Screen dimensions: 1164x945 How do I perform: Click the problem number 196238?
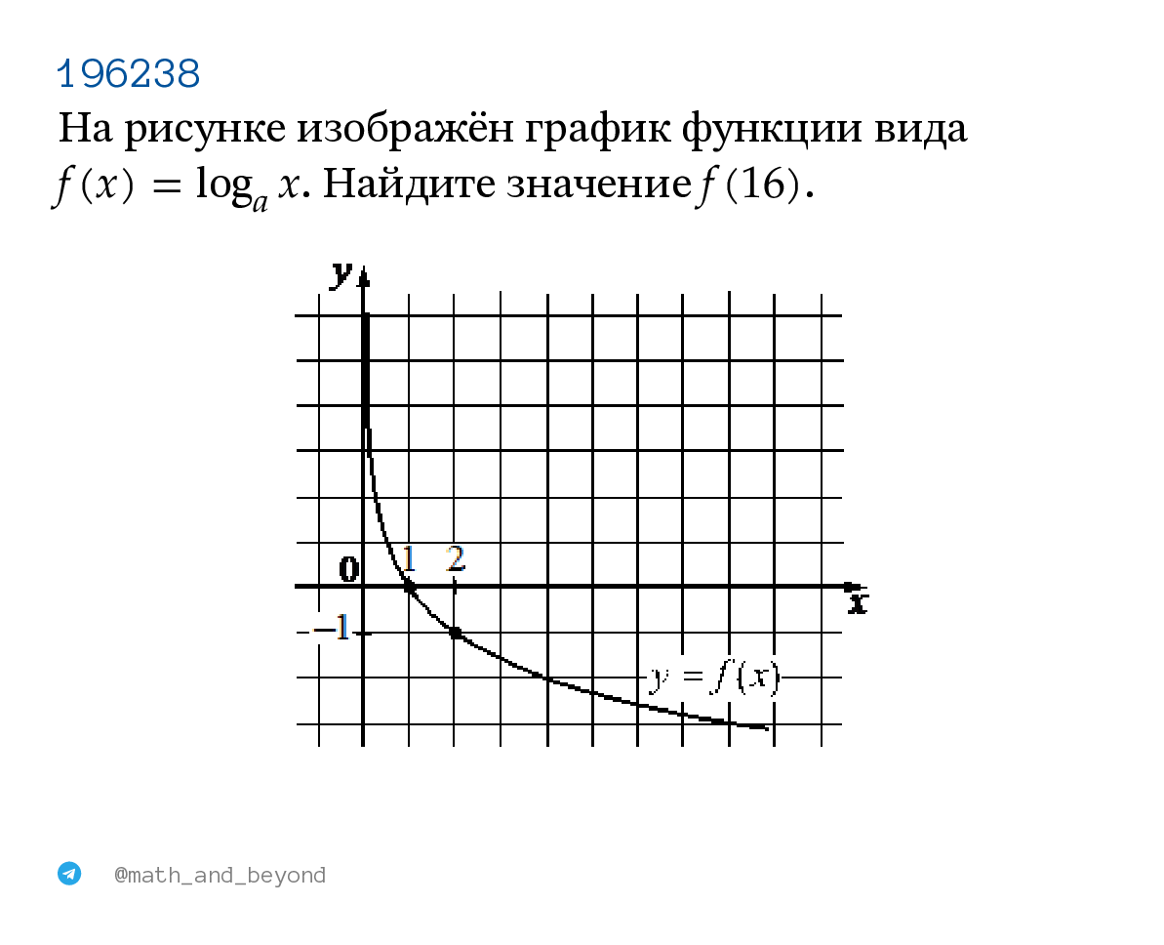click(129, 73)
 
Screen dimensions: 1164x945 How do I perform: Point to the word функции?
click(772, 129)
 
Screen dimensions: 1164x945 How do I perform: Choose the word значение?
click(599, 185)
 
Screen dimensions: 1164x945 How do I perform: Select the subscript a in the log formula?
click(260, 202)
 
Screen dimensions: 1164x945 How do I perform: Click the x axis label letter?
click(859, 602)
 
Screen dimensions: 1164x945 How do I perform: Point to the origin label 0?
click(349, 570)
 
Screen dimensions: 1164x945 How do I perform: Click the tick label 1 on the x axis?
click(408, 558)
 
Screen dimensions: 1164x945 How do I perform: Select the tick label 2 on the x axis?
click(456, 558)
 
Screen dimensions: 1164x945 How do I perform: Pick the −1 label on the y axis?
click(332, 629)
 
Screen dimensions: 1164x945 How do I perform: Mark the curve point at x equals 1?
click(409, 587)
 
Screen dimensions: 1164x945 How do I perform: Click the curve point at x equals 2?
click(455, 633)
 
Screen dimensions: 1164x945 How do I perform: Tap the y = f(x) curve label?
click(714, 678)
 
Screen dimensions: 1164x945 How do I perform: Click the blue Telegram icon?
click(69, 873)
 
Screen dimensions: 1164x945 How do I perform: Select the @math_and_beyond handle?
click(220, 875)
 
